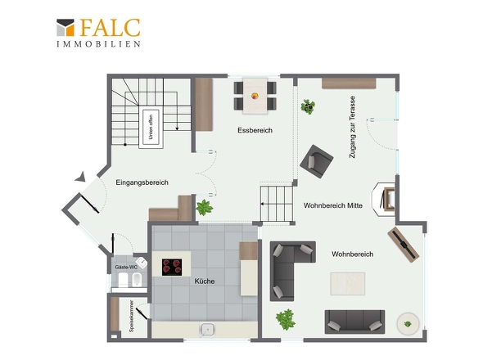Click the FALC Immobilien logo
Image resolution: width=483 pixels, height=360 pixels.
[x=98, y=33]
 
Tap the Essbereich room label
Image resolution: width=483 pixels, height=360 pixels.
[x=255, y=130]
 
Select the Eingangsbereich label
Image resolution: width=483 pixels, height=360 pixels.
[x=142, y=182]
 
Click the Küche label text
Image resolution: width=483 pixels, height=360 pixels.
[x=205, y=281]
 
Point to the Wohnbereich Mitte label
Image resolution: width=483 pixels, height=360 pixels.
[x=333, y=205]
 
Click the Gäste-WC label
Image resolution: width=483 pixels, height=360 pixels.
[x=126, y=267]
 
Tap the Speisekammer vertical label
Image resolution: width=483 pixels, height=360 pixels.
[x=132, y=316]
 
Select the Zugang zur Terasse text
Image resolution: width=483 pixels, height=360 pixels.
[x=352, y=127]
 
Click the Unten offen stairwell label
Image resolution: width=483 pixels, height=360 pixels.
[x=151, y=127]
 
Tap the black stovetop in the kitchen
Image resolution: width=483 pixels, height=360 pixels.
[x=172, y=267]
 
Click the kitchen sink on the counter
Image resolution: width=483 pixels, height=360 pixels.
[x=208, y=330]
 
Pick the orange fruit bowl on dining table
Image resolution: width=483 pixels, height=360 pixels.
[x=255, y=96]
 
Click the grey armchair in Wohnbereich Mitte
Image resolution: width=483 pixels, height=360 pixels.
[x=316, y=161]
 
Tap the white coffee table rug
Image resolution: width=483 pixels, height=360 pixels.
[x=347, y=284]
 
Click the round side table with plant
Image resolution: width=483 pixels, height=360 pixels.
[x=408, y=324]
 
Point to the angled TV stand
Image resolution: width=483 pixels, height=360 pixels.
[x=404, y=245]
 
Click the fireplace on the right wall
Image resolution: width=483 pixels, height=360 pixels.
[x=383, y=200]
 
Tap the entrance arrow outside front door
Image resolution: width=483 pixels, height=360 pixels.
[x=81, y=177]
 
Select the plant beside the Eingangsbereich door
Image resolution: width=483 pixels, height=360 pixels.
[x=204, y=208]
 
